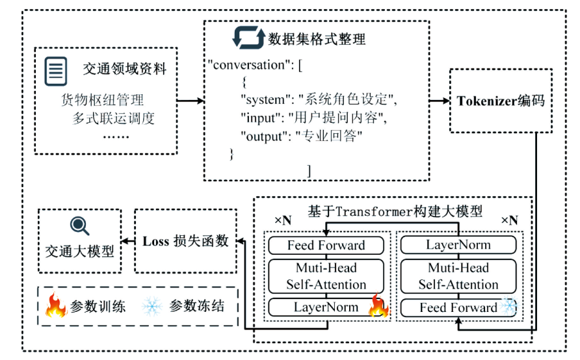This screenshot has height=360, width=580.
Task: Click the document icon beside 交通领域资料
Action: [x=56, y=71]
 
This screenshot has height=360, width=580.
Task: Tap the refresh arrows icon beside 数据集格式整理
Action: [x=248, y=38]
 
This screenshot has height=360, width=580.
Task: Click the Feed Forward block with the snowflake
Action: [x=458, y=307]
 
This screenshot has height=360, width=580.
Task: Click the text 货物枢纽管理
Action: [x=102, y=100]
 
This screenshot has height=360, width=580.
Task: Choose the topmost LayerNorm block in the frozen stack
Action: [x=458, y=245]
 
